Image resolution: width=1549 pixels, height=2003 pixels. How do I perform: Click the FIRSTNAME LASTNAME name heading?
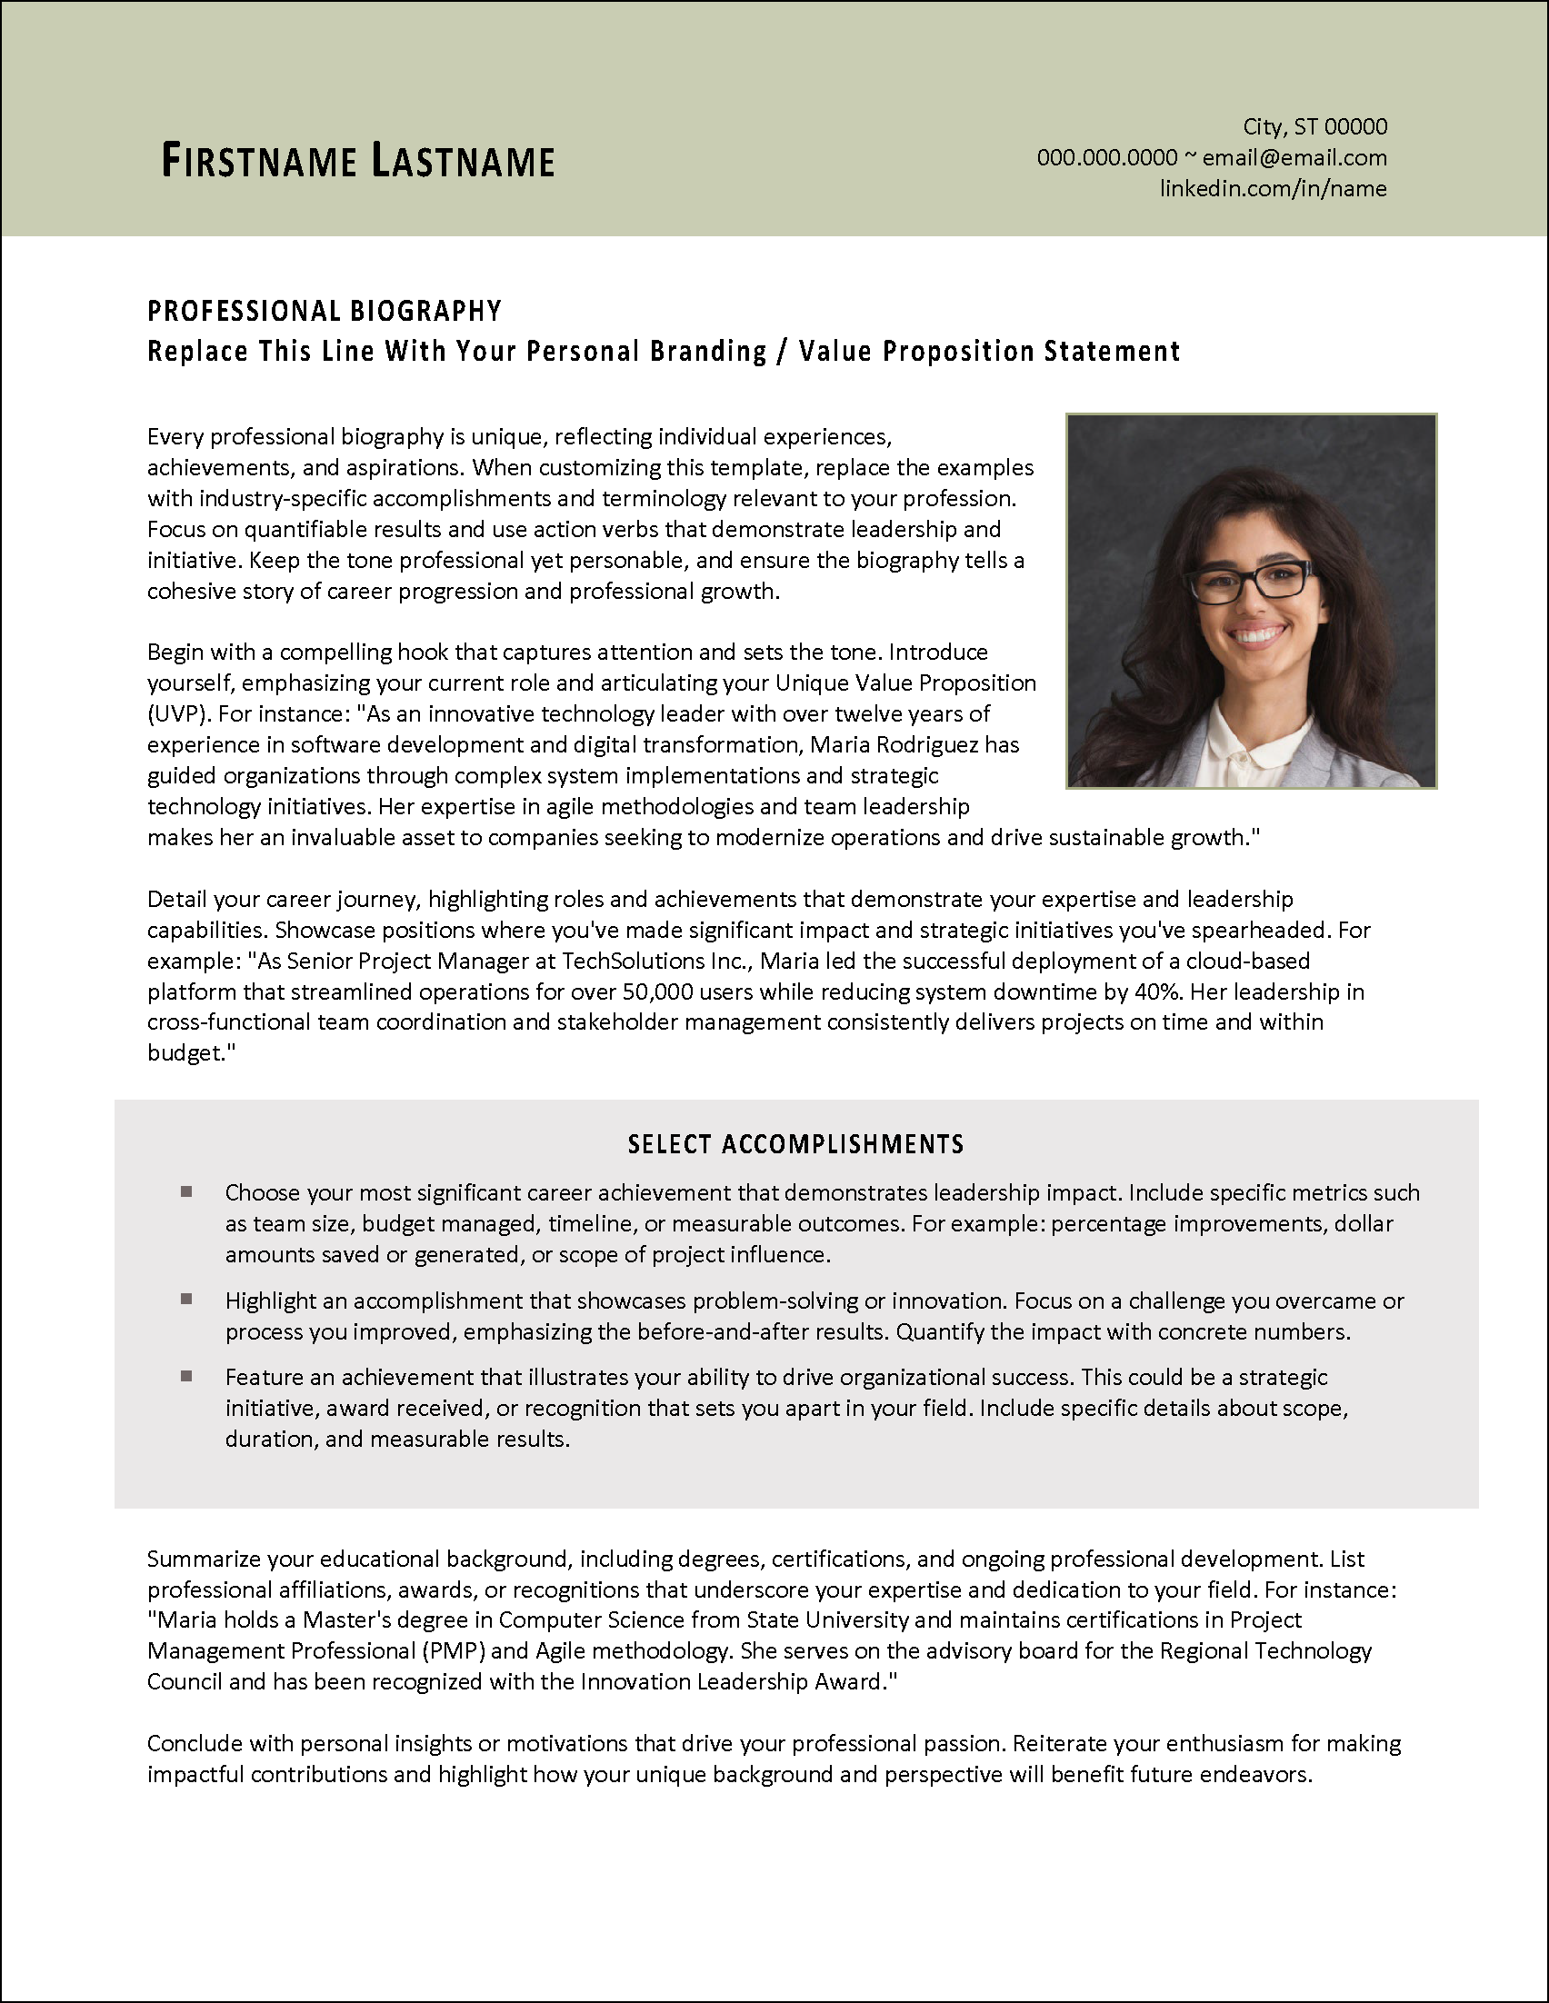tap(357, 161)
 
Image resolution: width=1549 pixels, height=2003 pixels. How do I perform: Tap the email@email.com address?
tap(1294, 158)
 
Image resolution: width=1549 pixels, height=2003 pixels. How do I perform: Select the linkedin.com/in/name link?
tap(1273, 189)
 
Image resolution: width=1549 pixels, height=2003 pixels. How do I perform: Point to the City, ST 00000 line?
tap(1314, 126)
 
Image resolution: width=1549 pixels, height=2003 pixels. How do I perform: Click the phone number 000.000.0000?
tap(1107, 158)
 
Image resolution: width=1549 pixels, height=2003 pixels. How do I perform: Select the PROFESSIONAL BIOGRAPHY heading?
tap(325, 312)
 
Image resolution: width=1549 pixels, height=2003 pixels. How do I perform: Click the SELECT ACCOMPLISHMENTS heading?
tap(795, 1143)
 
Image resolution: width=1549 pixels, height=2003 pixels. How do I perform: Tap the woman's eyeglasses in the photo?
tap(1250, 582)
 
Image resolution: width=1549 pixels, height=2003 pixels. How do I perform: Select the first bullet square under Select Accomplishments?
tap(186, 1192)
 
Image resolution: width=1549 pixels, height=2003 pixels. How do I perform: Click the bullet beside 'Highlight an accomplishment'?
tap(186, 1300)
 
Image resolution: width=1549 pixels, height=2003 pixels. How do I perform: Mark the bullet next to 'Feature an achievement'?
tap(186, 1377)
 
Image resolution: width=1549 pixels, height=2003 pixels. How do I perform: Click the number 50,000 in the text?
tap(655, 992)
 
